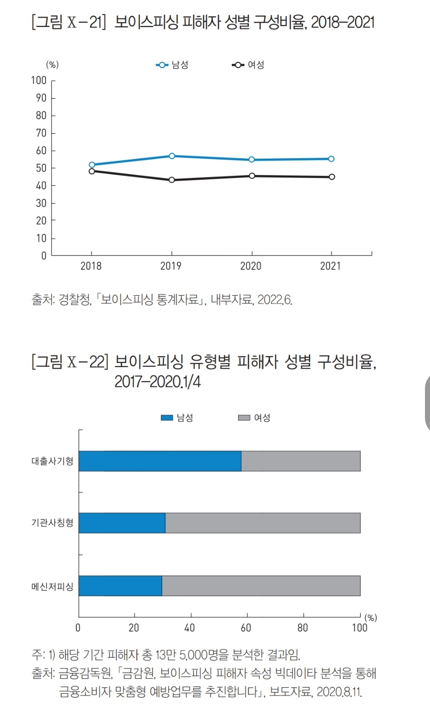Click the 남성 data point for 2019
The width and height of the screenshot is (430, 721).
[172, 156]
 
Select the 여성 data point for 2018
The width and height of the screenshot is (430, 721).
[92, 171]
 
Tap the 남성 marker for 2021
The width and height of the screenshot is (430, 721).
[331, 159]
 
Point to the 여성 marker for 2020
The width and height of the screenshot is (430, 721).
[252, 176]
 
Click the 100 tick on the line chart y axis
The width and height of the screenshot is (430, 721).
[39, 80]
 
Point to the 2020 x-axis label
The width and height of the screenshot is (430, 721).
[251, 266]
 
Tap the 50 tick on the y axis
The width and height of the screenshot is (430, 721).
[41, 168]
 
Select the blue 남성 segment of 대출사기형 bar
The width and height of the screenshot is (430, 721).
[160, 461]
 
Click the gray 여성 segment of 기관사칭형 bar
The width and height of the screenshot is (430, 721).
[263, 523]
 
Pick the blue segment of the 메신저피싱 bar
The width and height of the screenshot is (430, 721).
[120, 586]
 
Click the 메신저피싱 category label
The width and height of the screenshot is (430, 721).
[52, 587]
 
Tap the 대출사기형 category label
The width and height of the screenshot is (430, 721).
[52, 461]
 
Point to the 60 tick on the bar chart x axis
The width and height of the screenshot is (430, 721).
[246, 628]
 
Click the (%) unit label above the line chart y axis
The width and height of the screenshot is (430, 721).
[52, 65]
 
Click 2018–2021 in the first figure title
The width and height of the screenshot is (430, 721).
[343, 22]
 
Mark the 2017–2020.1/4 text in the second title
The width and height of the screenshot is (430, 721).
[158, 381]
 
